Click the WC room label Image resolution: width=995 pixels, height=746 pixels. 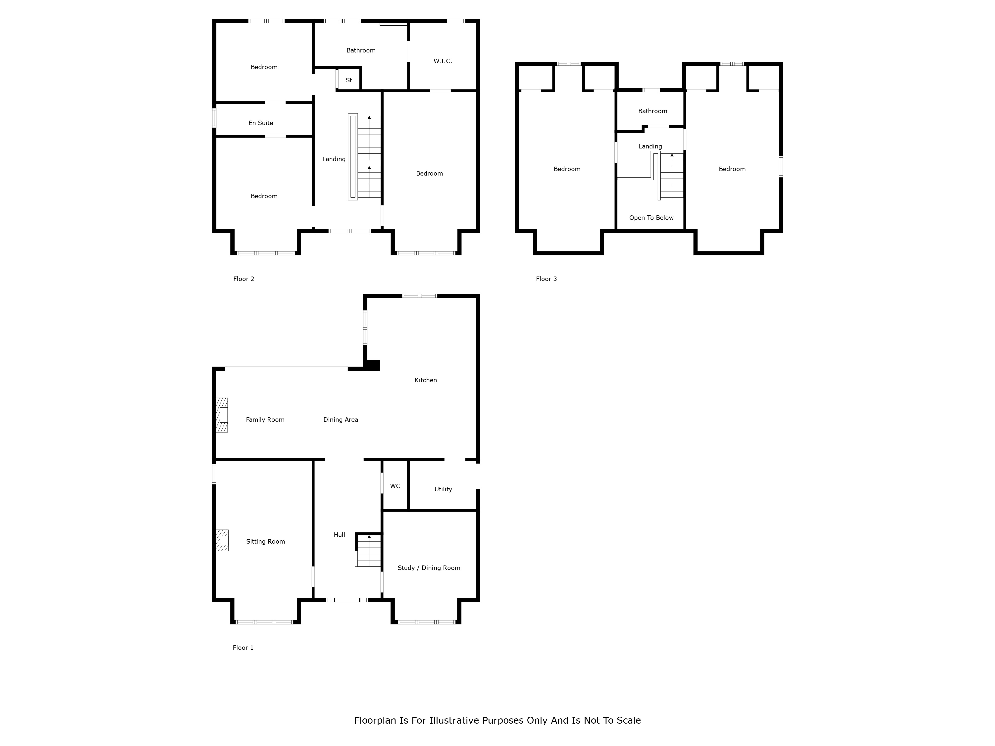pos(395,486)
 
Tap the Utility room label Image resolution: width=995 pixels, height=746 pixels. pos(443,489)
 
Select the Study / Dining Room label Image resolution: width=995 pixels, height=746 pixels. pos(429,568)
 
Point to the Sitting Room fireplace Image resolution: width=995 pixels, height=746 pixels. pos(222,541)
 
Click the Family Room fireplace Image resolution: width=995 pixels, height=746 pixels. pos(222,415)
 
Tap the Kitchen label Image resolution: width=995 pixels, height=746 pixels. pos(426,380)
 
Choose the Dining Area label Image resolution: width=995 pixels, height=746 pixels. pos(341,420)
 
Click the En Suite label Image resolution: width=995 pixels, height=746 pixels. pos(261,123)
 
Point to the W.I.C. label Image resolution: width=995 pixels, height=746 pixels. pos(443,61)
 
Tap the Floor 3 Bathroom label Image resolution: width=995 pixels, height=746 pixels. pos(653,111)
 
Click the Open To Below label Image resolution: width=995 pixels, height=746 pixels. pos(651,218)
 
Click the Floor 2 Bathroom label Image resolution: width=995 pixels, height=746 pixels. pos(361,50)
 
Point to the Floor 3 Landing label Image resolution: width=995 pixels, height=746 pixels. pos(650,147)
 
